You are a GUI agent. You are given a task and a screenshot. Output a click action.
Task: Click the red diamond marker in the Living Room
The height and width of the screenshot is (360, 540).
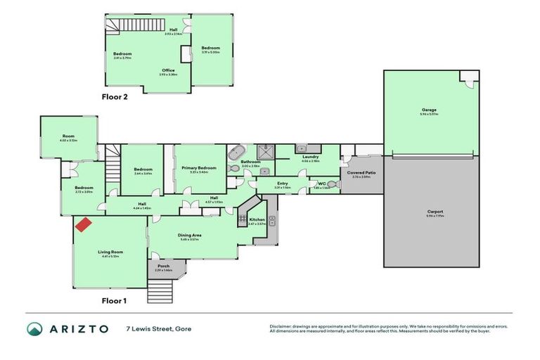tap(83, 225)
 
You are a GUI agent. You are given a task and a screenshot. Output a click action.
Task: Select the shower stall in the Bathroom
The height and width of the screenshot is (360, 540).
tap(265, 150)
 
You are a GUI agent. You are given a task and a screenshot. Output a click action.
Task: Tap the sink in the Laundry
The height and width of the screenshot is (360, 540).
tap(300, 149)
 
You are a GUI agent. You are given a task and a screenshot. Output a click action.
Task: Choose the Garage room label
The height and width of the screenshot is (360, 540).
tap(429, 110)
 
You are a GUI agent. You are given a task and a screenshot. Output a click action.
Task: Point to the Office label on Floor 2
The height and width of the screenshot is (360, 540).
tap(168, 70)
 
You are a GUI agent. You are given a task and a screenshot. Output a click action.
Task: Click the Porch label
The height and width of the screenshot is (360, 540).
tap(163, 266)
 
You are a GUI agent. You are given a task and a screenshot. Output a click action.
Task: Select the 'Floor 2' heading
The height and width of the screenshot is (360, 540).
tap(115, 98)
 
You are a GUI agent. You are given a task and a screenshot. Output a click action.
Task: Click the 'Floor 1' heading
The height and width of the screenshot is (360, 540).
tap(114, 300)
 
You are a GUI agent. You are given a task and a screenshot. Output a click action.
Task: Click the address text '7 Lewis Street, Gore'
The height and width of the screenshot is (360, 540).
tap(158, 328)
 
